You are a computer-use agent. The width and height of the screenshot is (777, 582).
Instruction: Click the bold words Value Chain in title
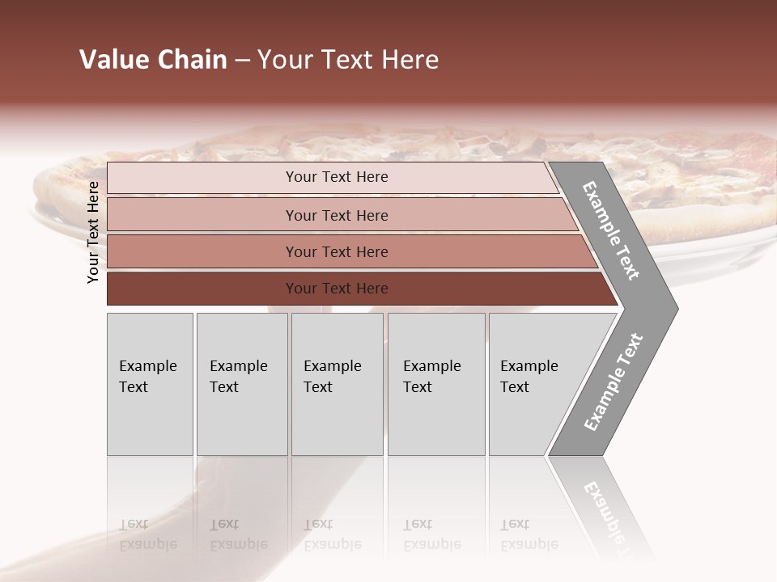point(153,60)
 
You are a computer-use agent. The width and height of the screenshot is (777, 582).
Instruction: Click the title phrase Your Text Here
point(348,60)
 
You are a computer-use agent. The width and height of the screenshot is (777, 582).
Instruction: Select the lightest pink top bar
point(202,178)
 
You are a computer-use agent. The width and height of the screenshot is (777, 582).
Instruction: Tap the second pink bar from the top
point(202,215)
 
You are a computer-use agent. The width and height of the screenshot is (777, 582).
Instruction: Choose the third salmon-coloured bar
point(202,251)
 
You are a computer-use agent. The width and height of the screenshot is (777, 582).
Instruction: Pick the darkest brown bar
point(202,289)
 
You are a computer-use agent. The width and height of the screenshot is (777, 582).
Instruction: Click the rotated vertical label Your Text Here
point(93,232)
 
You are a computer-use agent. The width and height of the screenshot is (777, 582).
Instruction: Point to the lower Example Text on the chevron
point(613,382)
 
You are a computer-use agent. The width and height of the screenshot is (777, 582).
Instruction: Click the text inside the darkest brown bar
point(337,289)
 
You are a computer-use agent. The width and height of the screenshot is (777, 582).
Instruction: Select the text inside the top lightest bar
point(337,177)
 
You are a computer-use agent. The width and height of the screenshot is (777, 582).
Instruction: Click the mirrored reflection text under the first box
point(147,534)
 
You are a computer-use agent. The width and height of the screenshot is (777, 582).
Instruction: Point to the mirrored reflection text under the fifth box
point(529,534)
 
